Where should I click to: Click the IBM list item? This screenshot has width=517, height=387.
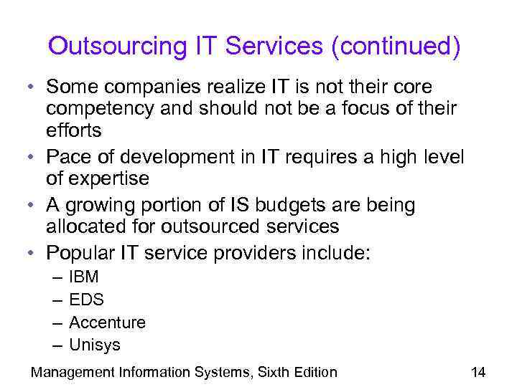[83, 277]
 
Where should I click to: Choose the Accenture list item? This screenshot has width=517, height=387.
[107, 322]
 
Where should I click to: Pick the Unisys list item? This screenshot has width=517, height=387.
[94, 345]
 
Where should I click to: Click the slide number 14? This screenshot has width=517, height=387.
[478, 372]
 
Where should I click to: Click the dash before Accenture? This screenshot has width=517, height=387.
[57, 322]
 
